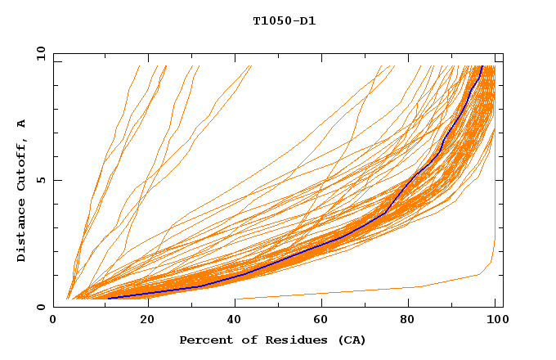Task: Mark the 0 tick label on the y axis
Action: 42,308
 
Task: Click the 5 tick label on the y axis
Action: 42,180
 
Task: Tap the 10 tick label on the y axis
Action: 38,53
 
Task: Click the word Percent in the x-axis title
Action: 204,340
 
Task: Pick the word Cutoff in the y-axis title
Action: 21,164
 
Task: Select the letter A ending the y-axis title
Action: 21,124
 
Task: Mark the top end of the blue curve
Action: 482,66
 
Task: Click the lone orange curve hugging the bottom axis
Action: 368,290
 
